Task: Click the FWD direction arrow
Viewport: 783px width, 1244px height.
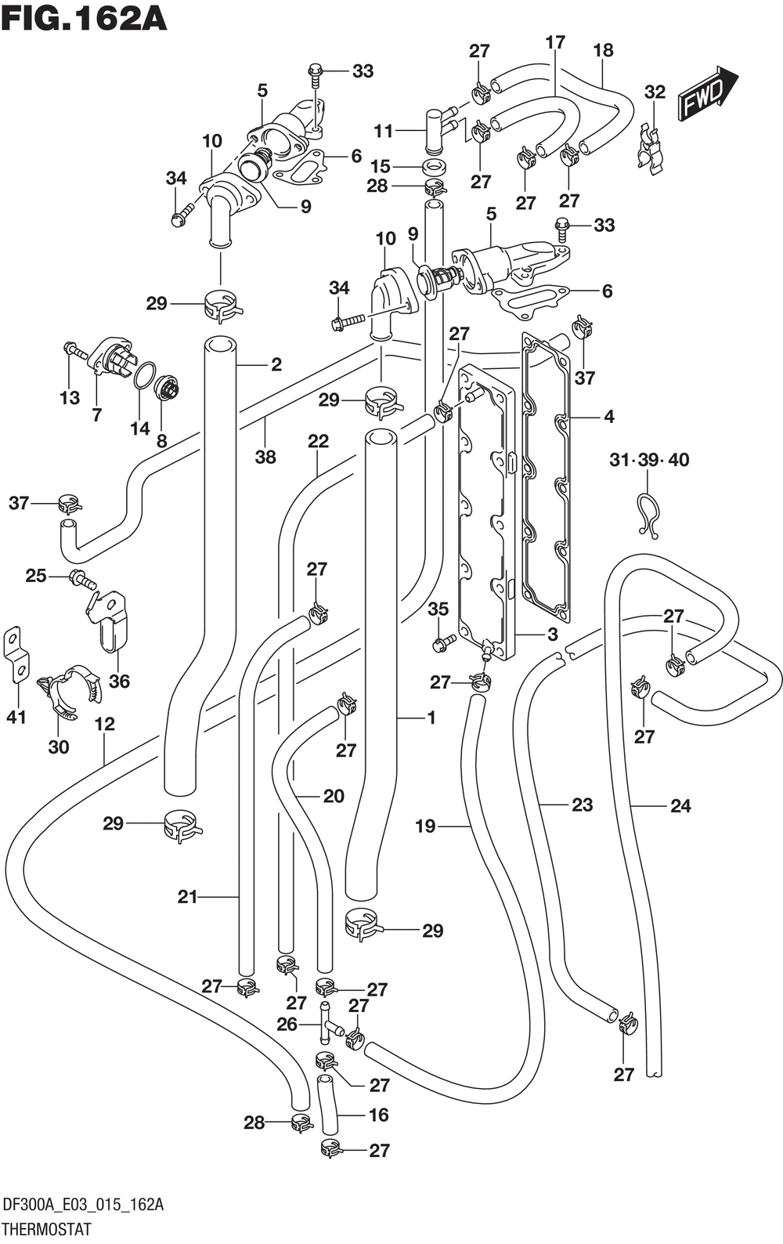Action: point(708,94)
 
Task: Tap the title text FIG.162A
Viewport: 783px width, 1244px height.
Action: point(85,19)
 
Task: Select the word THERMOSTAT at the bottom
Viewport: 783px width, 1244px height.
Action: point(47,1228)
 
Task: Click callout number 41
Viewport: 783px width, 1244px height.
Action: point(16,716)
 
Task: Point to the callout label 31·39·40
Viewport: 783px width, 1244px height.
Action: point(649,460)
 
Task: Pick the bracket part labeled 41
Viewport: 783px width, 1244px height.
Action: point(16,656)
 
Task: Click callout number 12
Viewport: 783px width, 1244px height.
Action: point(104,724)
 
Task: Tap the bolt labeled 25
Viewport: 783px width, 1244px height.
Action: point(82,580)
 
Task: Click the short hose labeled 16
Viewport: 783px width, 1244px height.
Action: point(328,1105)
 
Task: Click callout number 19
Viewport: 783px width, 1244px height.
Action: point(425,826)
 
